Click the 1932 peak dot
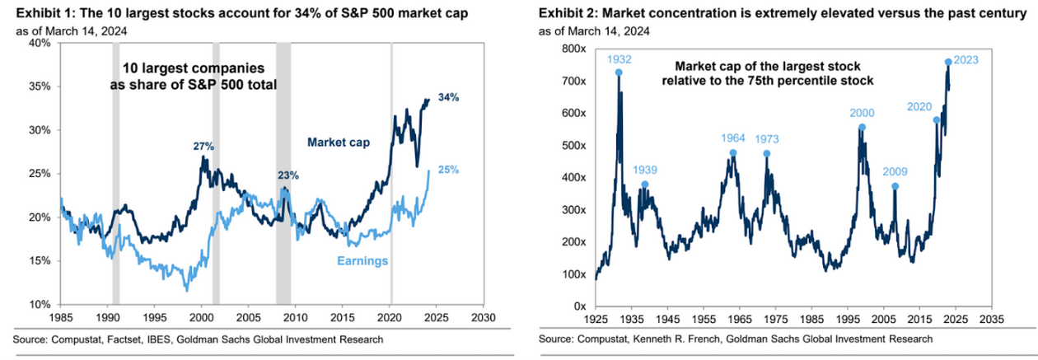(x=619, y=72)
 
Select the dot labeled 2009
(x=895, y=186)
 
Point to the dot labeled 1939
(x=644, y=185)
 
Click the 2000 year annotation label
(x=862, y=113)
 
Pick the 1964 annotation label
(x=733, y=138)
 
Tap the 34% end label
(x=448, y=97)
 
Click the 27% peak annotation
(x=204, y=147)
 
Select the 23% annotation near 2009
(x=288, y=175)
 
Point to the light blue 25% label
(x=448, y=170)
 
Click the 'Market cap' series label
(x=339, y=143)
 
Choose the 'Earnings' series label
(x=362, y=261)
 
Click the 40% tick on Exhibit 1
(x=39, y=43)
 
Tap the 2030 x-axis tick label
(x=484, y=317)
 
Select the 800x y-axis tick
(x=573, y=49)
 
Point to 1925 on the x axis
(x=596, y=320)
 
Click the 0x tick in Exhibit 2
(x=580, y=306)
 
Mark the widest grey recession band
(x=283, y=173)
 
